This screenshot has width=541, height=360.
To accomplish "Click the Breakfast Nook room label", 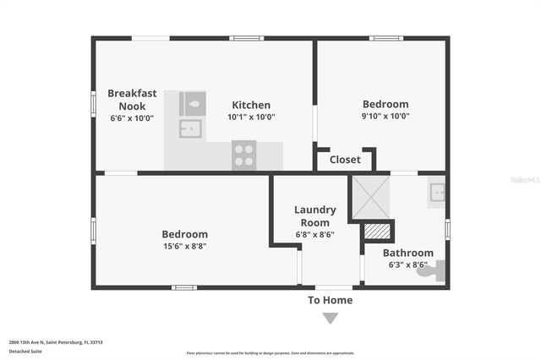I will click(x=132, y=99).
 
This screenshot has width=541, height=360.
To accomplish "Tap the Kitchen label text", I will click(x=251, y=105).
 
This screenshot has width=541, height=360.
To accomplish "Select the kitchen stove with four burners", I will click(x=243, y=155).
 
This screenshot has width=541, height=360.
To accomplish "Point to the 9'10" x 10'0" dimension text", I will click(x=385, y=117).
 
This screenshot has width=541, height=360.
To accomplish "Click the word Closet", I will click(x=344, y=160).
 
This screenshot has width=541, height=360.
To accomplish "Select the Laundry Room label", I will click(x=314, y=215).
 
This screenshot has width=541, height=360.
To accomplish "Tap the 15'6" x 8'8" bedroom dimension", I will click(x=184, y=246).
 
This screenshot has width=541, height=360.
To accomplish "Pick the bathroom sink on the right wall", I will click(x=436, y=193).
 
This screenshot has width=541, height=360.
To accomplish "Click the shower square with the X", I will click(x=371, y=196).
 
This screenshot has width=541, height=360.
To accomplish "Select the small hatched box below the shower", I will click(x=378, y=231).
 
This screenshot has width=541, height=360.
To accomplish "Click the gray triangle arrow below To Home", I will click(x=330, y=319).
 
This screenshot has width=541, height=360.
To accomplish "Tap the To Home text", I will click(x=330, y=300).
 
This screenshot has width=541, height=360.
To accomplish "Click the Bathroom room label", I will click(x=407, y=253).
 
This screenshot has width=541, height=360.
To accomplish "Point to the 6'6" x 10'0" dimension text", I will click(x=132, y=118).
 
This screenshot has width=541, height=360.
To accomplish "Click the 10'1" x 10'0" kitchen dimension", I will click(x=251, y=117).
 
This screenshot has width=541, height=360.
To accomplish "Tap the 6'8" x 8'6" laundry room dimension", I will click(x=314, y=234).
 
